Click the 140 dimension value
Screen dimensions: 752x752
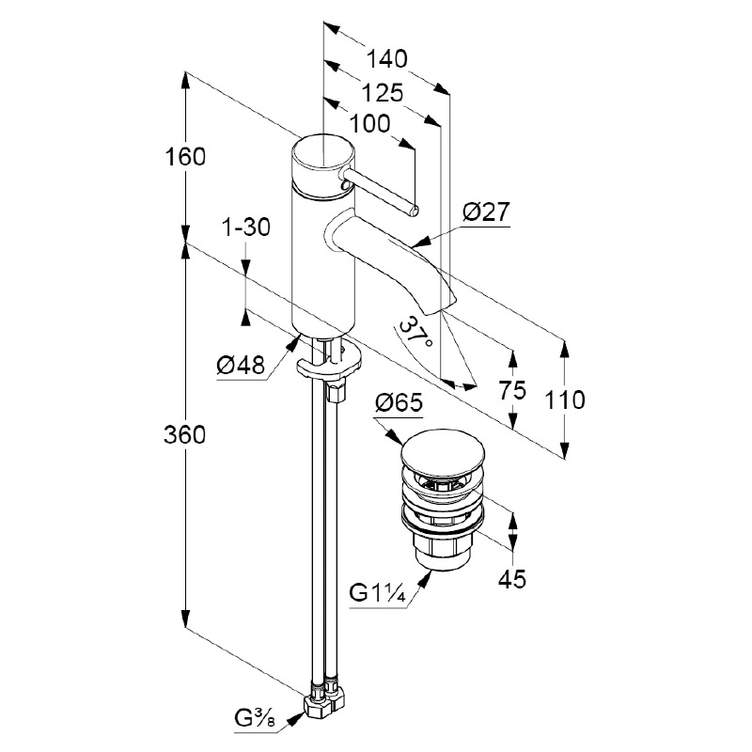pyautogui.click(x=386, y=59)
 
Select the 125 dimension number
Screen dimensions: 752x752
pyautogui.click(x=382, y=92)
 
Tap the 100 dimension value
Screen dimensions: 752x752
pyautogui.click(x=371, y=123)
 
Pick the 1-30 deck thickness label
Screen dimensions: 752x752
pyautogui.click(x=245, y=227)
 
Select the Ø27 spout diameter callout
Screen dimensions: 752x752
pyautogui.click(x=485, y=212)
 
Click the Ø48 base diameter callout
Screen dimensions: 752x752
pyautogui.click(x=239, y=366)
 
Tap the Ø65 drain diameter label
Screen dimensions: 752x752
pyautogui.click(x=399, y=404)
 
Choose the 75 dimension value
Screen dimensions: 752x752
pyautogui.click(x=512, y=391)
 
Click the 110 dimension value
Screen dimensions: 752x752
pyautogui.click(x=564, y=399)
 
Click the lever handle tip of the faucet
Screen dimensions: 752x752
pyautogui.click(x=413, y=208)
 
